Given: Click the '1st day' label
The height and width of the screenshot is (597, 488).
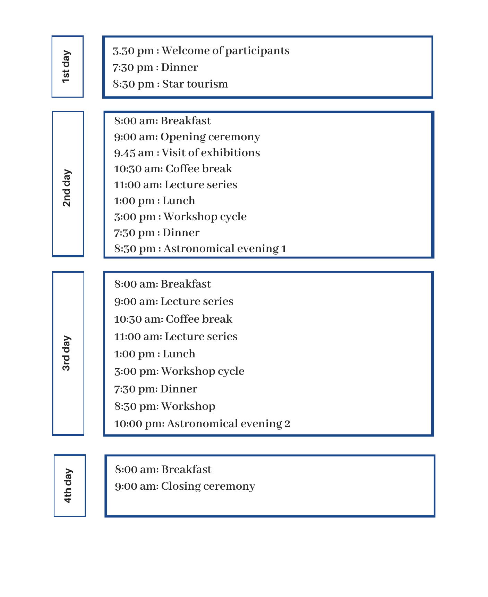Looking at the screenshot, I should [x=67, y=67].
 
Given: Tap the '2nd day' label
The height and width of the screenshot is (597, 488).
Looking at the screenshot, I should [x=67, y=188].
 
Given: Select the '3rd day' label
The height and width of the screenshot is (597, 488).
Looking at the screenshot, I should [x=67, y=353].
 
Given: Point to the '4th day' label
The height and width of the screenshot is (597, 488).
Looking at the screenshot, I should [x=68, y=486].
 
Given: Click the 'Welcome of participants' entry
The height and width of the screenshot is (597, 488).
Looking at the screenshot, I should [x=225, y=51].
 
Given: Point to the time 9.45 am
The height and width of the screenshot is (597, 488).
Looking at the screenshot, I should [x=134, y=153].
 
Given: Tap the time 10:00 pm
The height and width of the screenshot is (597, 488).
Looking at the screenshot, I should [x=139, y=424].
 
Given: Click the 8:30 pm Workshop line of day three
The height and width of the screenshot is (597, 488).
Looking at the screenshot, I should [x=165, y=406].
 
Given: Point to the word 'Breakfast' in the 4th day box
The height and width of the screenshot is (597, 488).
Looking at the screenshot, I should [x=186, y=470].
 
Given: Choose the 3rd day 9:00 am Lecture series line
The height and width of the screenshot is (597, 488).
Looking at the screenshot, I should [x=174, y=301].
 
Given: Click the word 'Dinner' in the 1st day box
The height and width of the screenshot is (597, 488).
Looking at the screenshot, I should [x=180, y=67].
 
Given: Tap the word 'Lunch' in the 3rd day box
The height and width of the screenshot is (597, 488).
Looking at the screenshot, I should [x=179, y=354].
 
